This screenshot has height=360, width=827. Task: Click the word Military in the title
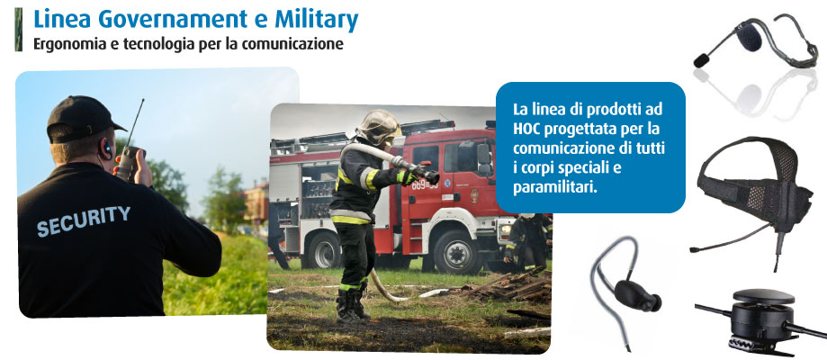pyautogui.click(x=317, y=20)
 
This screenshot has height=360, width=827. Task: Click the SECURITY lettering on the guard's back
pyautogui.click(x=84, y=220)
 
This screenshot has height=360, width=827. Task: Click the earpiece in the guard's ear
pyautogui.click(x=107, y=148)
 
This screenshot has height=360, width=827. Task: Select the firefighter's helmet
pyautogui.click(x=378, y=127)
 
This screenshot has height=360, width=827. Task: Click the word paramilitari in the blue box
pyautogui.click(x=555, y=188)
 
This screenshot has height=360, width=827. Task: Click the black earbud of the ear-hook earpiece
pyautogui.click(x=637, y=294)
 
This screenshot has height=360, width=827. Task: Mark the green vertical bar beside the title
pyautogui.click(x=19, y=30)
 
